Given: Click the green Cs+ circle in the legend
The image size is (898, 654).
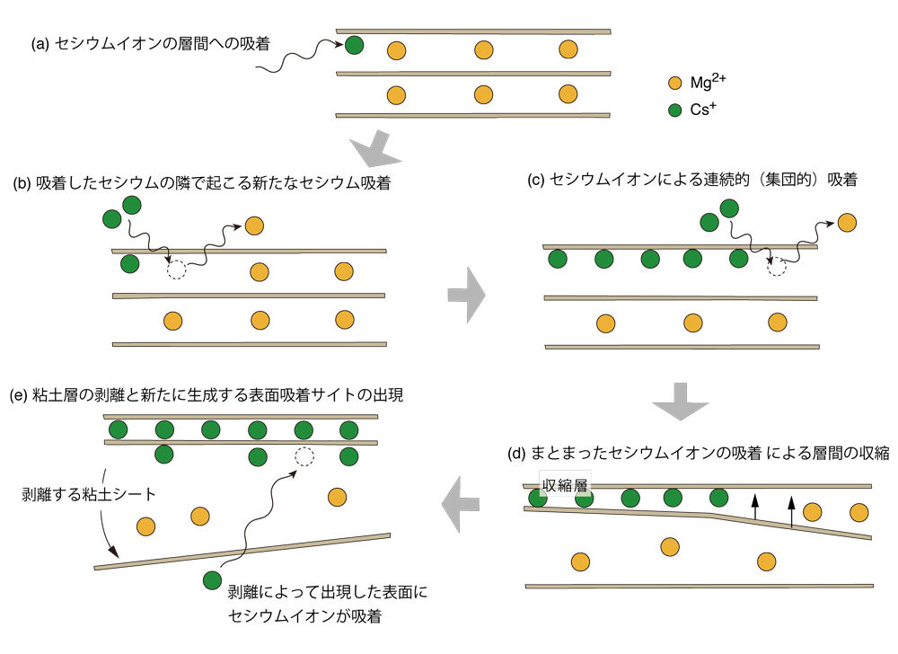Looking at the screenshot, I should click(675, 112).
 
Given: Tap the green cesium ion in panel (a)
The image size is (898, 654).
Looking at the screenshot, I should click(354, 44).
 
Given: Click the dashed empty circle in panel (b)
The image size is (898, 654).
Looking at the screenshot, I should click(176, 269).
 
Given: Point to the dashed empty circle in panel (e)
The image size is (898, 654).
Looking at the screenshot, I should click(305, 456).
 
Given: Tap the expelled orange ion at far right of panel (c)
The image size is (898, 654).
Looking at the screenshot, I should click(847, 222).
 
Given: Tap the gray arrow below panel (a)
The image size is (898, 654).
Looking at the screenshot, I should click(370, 150).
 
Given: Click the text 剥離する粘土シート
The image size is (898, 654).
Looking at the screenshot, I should click(88, 495).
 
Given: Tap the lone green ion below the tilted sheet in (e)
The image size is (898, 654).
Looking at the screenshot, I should click(212, 581).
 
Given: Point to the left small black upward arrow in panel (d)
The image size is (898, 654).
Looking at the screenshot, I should click(754, 508).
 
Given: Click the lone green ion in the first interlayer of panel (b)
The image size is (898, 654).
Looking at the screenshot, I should click(129, 264).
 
